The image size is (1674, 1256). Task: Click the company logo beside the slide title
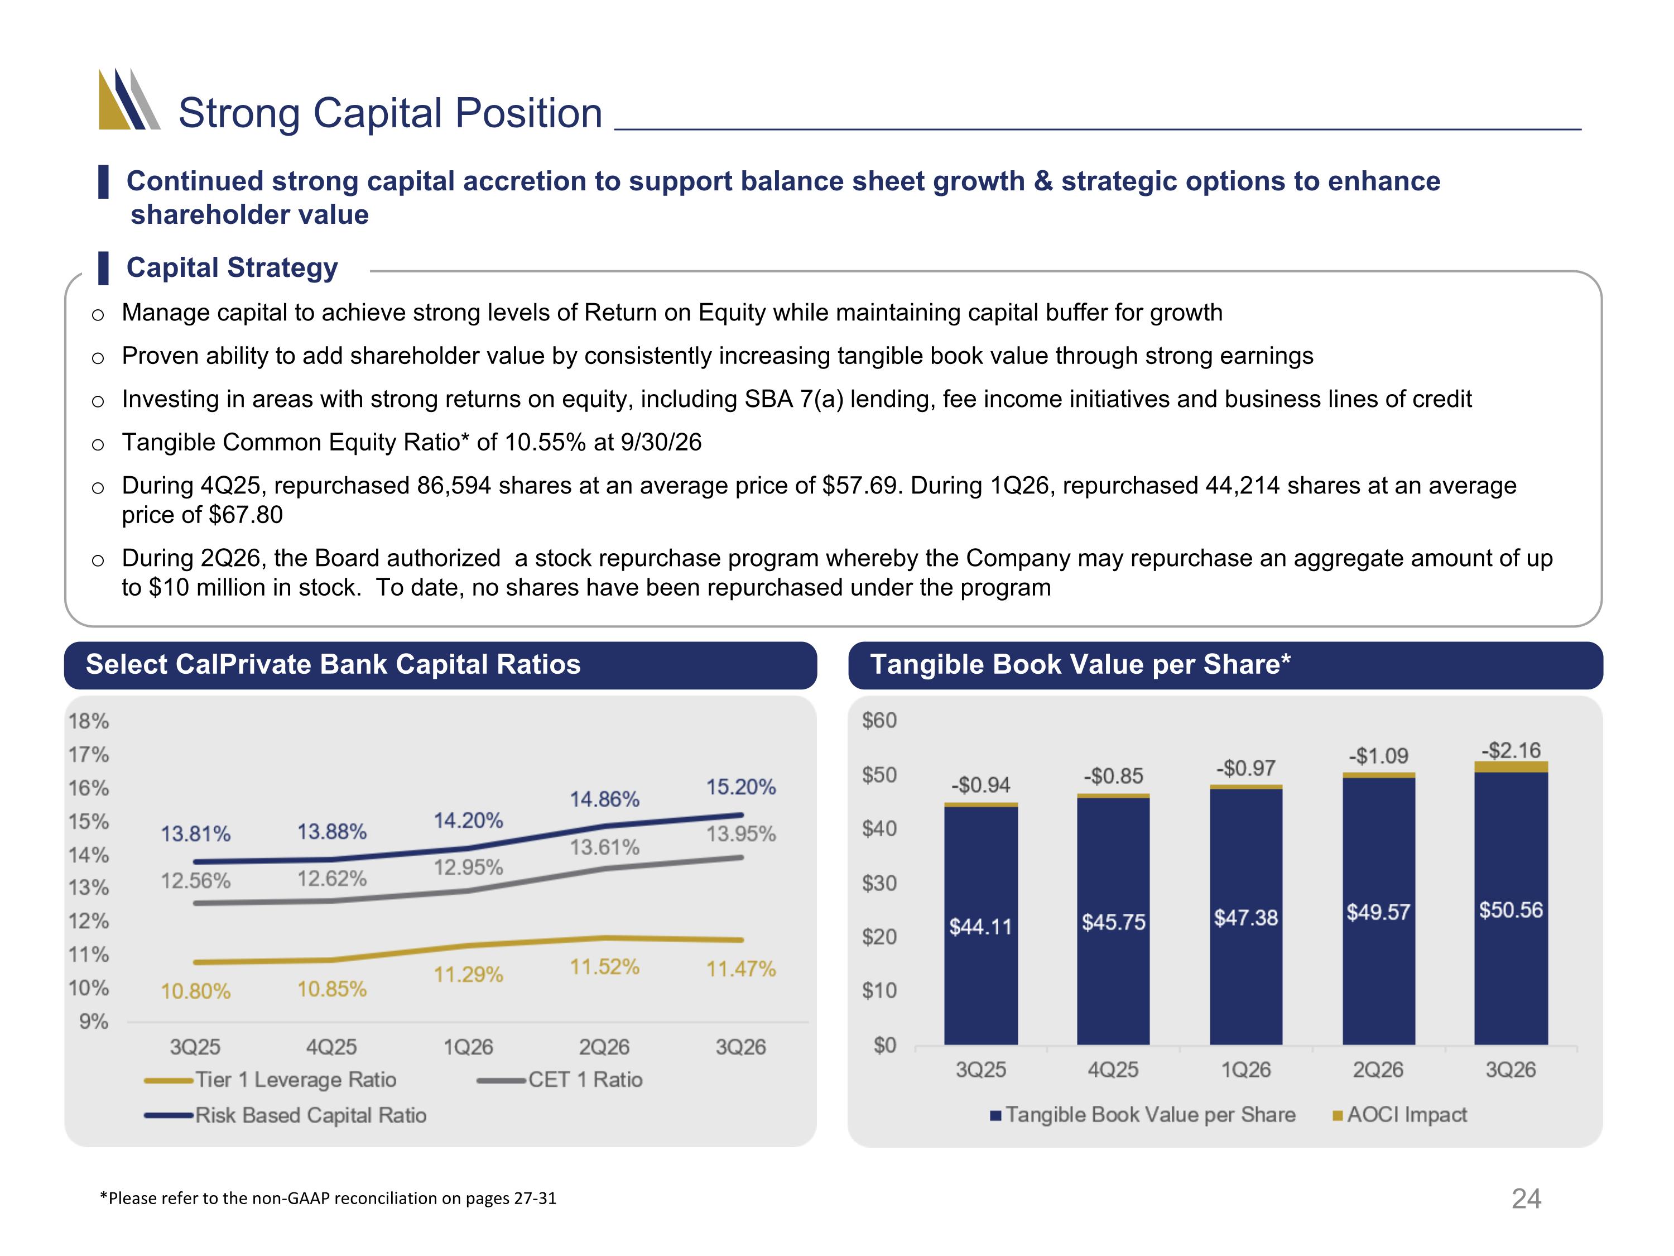pos(129,99)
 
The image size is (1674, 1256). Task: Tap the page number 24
pos(1526,1199)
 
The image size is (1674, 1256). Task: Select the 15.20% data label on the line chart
pos(741,787)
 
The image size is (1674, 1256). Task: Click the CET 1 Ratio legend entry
pos(560,1080)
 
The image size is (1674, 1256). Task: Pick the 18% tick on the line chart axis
pos(89,721)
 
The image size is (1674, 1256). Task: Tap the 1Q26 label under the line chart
pos(468,1047)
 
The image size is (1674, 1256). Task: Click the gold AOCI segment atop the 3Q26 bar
pos(1511,767)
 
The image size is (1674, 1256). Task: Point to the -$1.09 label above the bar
pos(1378,756)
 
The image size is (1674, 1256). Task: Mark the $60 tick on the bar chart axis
pos(879,720)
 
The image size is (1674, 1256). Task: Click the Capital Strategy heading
pos(232,267)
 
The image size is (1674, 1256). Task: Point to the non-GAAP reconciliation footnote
pos(328,1199)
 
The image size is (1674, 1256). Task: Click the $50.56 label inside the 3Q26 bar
pos(1511,909)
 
